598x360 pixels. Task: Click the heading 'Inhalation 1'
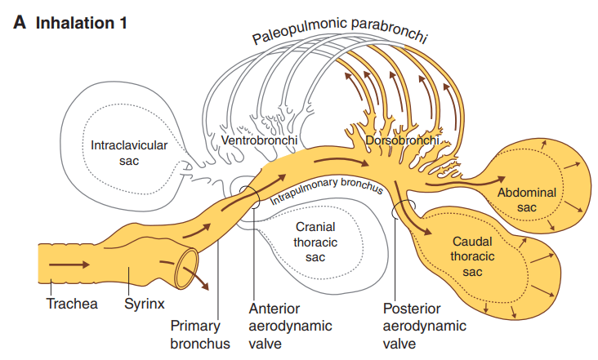pyautogui.click(x=82, y=22)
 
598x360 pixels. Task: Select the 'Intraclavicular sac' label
pyautogui.click(x=129, y=153)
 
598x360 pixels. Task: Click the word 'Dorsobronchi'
pyautogui.click(x=401, y=141)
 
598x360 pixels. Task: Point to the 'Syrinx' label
pyautogui.click(x=145, y=304)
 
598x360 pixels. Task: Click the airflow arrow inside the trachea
pyautogui.click(x=69, y=265)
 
